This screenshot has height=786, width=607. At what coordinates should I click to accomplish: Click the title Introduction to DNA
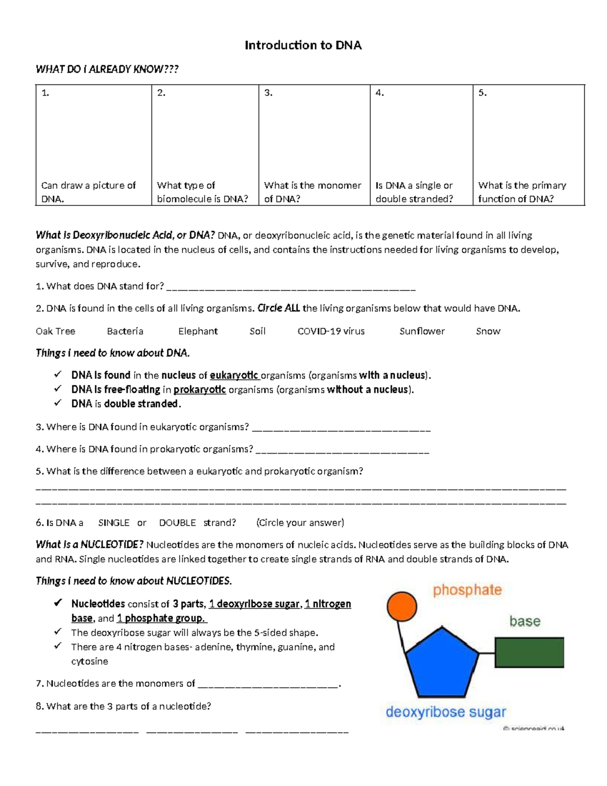(303, 46)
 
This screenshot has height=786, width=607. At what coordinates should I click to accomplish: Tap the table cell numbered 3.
(314, 145)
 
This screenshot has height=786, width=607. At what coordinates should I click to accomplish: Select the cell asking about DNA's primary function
(528, 145)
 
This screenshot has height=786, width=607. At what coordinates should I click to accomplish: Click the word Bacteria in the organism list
(125, 332)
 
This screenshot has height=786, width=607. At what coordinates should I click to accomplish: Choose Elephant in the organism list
(198, 332)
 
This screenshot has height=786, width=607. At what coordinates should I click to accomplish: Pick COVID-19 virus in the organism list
(331, 332)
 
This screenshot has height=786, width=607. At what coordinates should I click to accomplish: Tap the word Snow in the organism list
(488, 332)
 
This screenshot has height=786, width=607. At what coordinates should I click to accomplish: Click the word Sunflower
(422, 332)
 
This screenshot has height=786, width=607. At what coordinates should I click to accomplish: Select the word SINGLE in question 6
(114, 523)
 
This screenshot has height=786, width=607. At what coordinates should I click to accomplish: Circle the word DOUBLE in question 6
(178, 523)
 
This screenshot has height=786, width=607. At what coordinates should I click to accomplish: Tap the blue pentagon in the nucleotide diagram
(442, 663)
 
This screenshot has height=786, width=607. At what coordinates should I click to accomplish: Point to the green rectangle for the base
(529, 653)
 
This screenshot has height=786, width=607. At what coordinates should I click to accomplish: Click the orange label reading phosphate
(467, 590)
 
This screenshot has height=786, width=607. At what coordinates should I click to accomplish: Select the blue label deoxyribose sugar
(446, 712)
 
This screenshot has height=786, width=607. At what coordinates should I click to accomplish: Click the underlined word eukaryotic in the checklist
(234, 376)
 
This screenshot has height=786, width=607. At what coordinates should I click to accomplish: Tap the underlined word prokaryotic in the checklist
(199, 390)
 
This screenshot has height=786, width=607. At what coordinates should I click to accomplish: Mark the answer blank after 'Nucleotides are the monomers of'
(268, 685)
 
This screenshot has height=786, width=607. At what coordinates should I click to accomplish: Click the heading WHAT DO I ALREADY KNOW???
(107, 69)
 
